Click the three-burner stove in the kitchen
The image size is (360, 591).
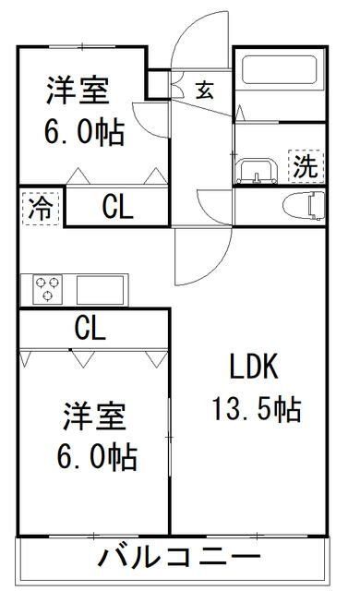point(46,290)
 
